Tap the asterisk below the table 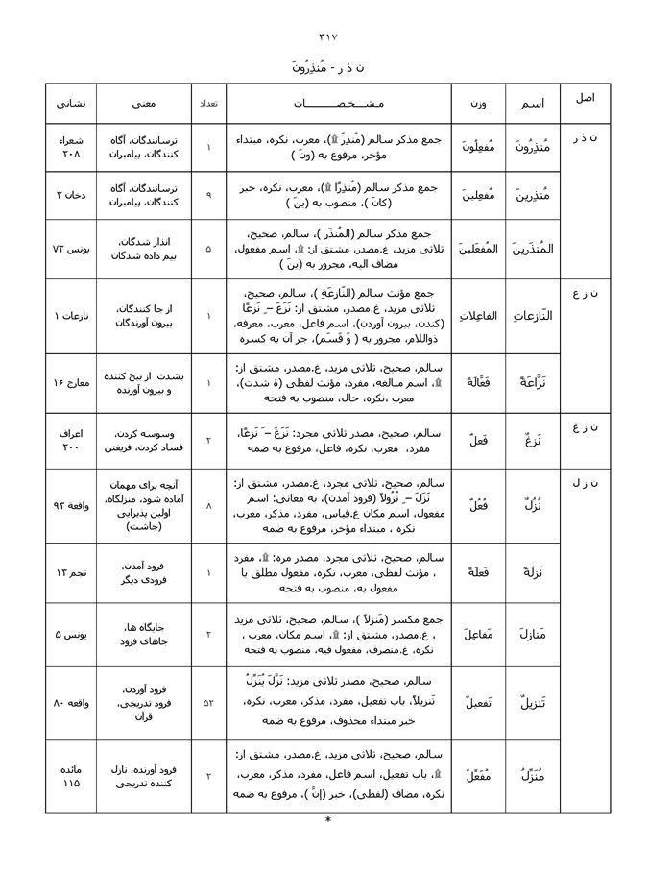pos(328,820)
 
